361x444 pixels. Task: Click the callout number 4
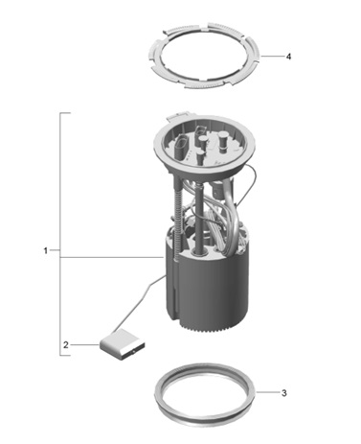[x=288, y=57]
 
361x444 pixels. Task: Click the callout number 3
[x=284, y=393]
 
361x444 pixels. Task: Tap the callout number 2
[x=66, y=345]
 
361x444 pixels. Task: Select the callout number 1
[x=46, y=250]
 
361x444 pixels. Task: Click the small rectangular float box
[x=122, y=346]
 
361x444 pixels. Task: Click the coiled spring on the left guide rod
[x=176, y=218]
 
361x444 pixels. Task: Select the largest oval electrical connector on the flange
[x=181, y=148]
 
